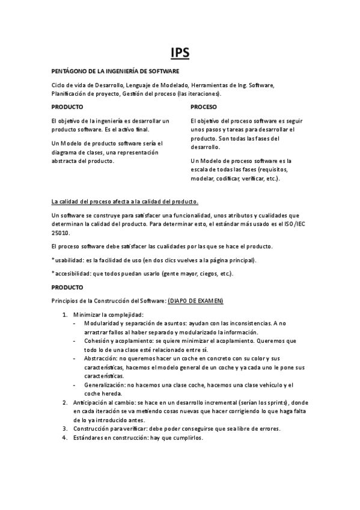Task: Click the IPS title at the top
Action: tap(180, 53)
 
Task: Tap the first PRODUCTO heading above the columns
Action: tap(67, 107)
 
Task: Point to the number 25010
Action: tap(61, 233)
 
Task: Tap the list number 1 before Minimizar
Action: tap(65, 315)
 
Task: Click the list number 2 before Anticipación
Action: tap(65, 402)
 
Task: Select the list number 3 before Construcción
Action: tap(65, 428)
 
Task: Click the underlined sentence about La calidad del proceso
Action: tap(125, 201)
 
